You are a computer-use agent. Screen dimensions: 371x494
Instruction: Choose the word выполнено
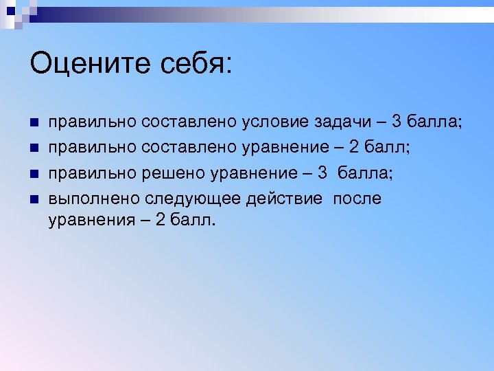click(93, 199)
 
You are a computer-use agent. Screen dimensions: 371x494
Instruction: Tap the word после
click(357, 199)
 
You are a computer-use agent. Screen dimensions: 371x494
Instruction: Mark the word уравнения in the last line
click(91, 221)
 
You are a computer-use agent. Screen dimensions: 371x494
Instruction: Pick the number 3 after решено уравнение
click(322, 174)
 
